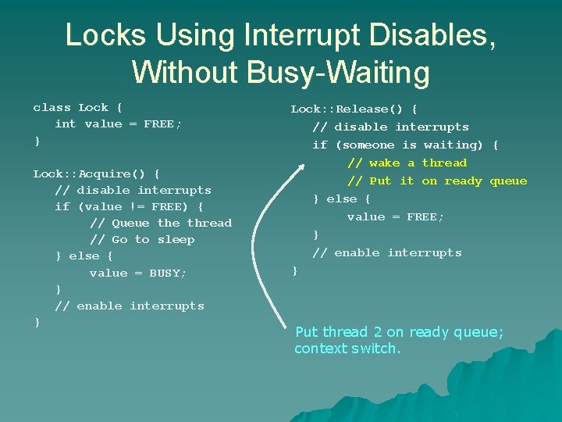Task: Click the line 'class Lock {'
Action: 77,108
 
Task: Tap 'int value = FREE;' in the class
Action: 118,124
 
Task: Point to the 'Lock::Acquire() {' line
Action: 96,173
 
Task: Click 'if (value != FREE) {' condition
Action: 129,206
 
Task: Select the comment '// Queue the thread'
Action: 161,223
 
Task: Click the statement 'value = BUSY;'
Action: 138,273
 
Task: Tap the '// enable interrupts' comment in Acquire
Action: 130,306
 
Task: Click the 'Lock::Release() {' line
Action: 354,109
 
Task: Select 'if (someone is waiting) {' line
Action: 405,145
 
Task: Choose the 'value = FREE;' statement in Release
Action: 395,216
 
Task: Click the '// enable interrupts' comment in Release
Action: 387,252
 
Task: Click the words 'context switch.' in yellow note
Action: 347,349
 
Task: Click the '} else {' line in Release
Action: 341,198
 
